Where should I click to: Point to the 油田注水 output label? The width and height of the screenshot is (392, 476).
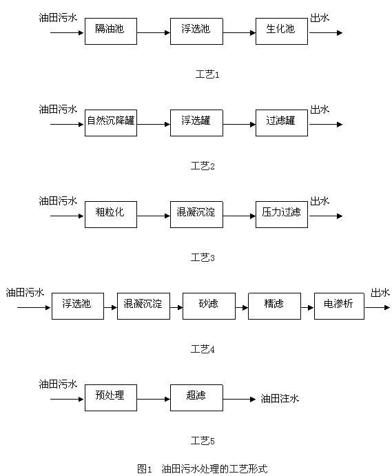point(280,399)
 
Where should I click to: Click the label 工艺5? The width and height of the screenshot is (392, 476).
point(203,440)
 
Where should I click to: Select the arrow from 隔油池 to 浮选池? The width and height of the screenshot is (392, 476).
point(154,32)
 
